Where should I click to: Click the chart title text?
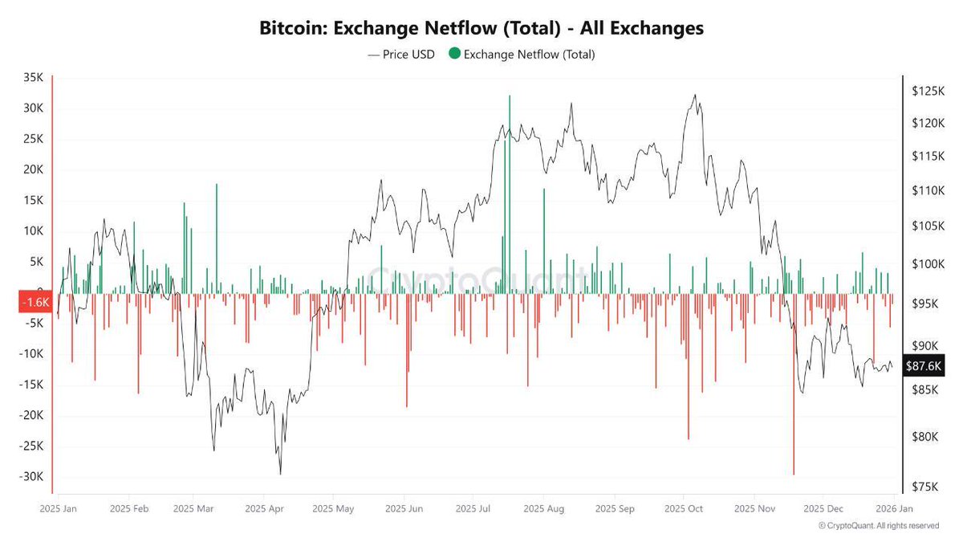coord(481,28)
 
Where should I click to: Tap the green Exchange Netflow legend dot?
coord(454,55)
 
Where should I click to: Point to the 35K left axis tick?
coord(33,78)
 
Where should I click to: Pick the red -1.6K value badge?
coord(34,303)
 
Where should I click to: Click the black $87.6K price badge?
coord(922,365)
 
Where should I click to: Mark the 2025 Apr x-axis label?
coord(264,508)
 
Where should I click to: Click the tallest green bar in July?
coord(509,161)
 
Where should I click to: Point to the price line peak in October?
coord(695,95)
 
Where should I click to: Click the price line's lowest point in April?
coord(280,474)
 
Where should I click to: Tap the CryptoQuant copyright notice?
coord(878,526)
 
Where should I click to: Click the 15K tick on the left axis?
coord(33,201)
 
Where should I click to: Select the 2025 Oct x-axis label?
coord(685,508)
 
